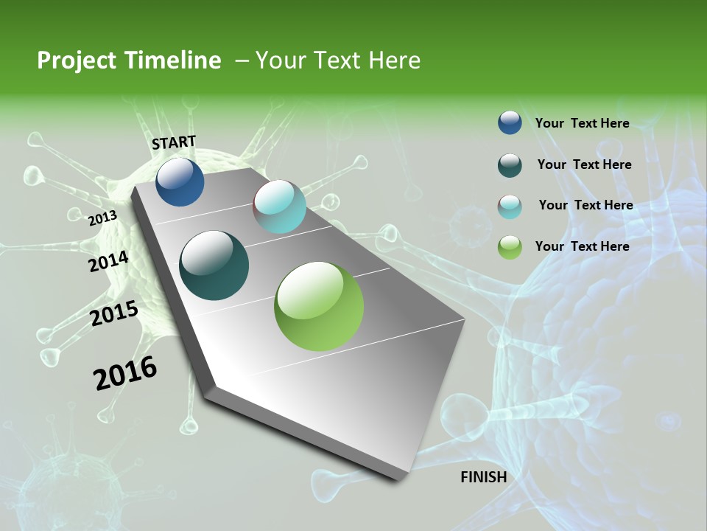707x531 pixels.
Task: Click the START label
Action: (174, 142)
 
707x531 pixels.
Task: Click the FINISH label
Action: (483, 477)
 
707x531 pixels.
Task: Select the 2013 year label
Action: (102, 218)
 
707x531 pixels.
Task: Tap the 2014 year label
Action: (108, 262)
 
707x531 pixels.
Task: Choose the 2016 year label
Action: (125, 373)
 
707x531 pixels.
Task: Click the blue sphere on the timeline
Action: (180, 181)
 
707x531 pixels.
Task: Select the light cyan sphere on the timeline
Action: (279, 206)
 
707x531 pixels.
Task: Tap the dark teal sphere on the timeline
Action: (214, 265)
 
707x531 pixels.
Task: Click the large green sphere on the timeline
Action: (319, 306)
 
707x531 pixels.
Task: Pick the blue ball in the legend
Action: (510, 122)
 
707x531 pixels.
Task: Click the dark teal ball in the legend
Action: (510, 165)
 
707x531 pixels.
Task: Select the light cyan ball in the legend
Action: (510, 206)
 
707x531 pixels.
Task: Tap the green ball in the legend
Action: (510, 247)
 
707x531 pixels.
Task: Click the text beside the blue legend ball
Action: (582, 123)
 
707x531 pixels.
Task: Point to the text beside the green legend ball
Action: (582, 246)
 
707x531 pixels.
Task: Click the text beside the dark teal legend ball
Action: (584, 164)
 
